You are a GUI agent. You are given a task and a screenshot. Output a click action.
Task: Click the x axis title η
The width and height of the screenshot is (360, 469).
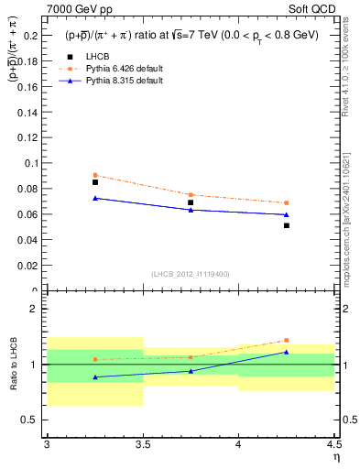click(x=335, y=457)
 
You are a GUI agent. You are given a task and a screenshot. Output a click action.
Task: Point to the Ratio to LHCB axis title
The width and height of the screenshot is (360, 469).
click(x=16, y=365)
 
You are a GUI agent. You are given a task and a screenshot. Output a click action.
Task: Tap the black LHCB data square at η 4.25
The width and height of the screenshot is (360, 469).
click(x=287, y=225)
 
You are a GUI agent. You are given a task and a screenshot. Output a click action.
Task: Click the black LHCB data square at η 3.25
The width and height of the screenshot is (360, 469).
click(x=95, y=182)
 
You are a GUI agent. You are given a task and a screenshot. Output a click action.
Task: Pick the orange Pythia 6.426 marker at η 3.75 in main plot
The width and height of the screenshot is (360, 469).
click(x=191, y=195)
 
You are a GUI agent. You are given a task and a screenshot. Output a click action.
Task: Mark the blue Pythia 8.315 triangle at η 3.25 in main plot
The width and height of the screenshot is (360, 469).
click(x=95, y=198)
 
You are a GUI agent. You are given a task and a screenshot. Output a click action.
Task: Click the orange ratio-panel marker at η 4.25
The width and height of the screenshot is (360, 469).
click(x=287, y=340)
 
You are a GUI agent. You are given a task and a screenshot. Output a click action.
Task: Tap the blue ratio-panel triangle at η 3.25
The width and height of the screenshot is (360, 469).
click(x=95, y=376)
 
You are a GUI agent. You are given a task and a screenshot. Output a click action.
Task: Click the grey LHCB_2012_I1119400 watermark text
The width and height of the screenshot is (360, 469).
click(x=191, y=274)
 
